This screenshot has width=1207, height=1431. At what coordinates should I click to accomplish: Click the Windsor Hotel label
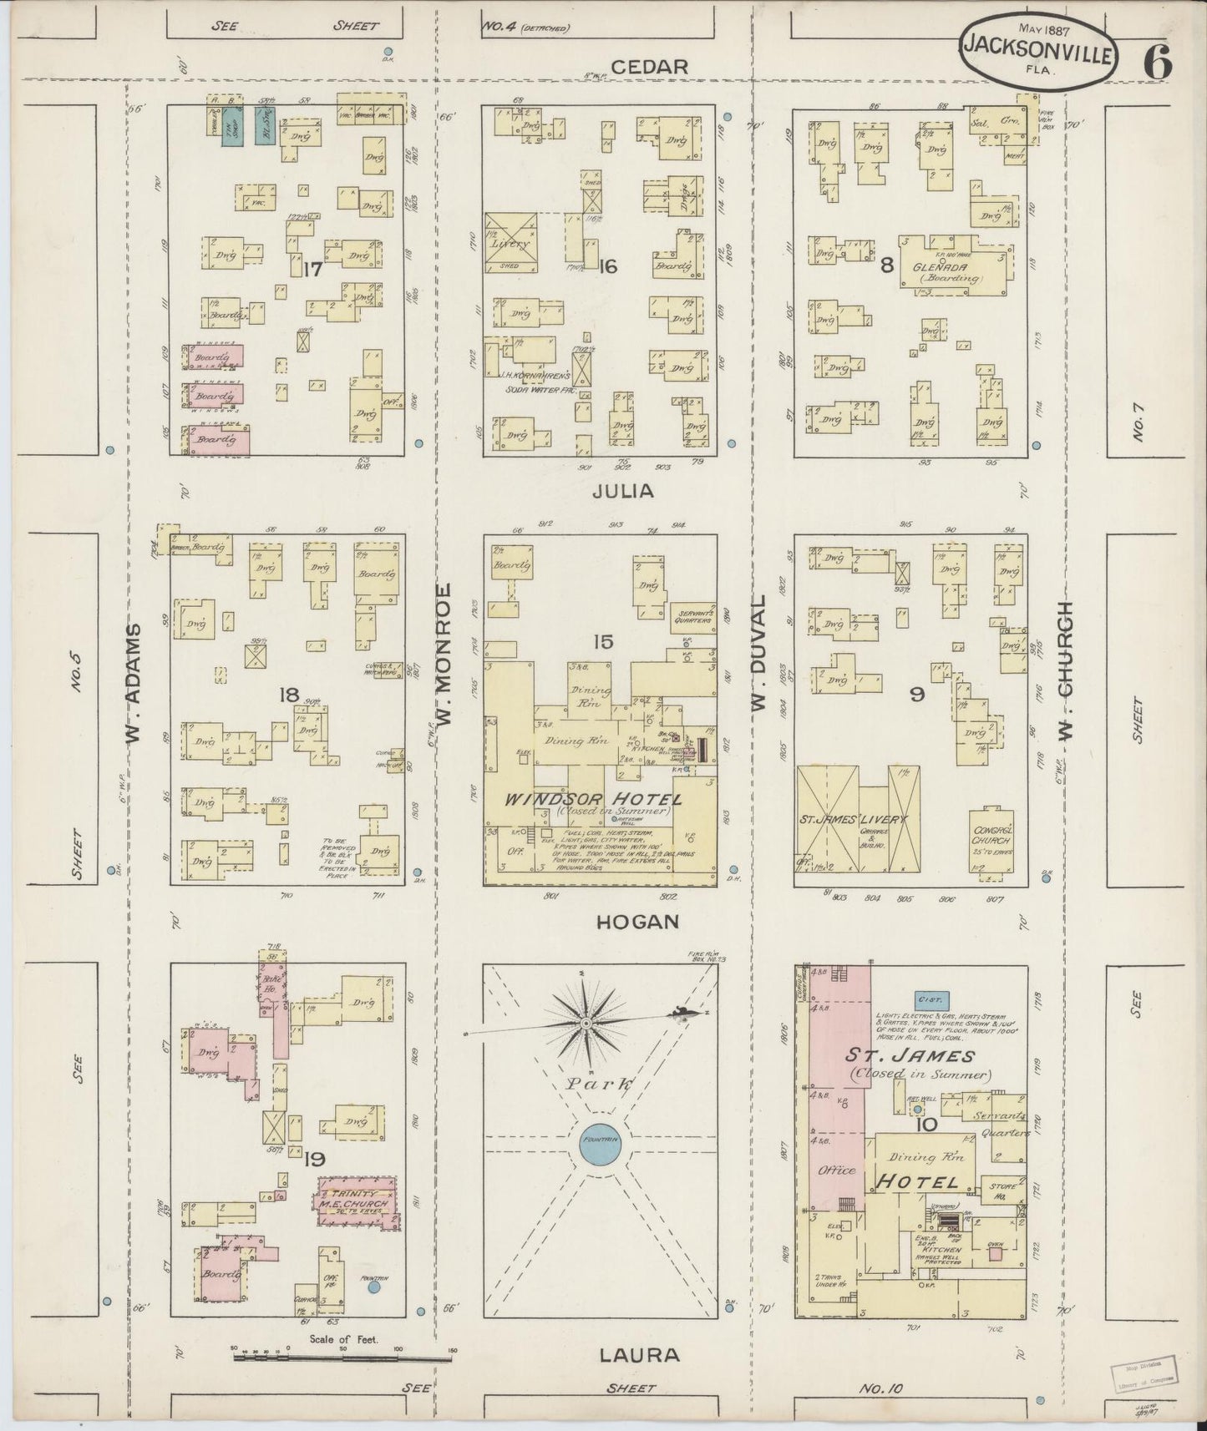(593, 800)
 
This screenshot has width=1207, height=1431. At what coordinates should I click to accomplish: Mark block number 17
(313, 270)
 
